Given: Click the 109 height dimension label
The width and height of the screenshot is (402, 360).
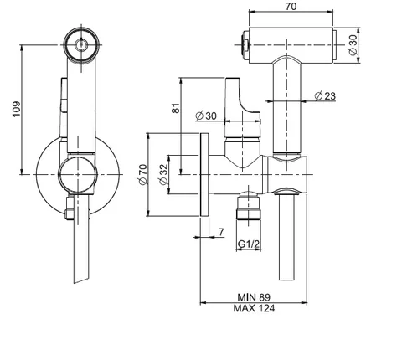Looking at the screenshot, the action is pyautogui.click(x=17, y=109).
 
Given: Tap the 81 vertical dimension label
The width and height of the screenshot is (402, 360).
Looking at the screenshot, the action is pyautogui.click(x=176, y=108).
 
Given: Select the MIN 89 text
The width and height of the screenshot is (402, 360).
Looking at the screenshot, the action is pyautogui.click(x=254, y=297).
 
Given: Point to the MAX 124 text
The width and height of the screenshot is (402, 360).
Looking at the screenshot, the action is pyautogui.click(x=254, y=308).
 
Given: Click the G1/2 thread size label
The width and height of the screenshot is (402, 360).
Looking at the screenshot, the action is pyautogui.click(x=249, y=244).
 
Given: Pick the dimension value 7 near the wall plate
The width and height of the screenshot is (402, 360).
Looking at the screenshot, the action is pyautogui.click(x=221, y=232).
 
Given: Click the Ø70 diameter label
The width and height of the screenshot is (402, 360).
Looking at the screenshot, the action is pyautogui.click(x=142, y=174).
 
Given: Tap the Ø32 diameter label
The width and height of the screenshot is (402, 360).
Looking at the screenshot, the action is pyautogui.click(x=163, y=174).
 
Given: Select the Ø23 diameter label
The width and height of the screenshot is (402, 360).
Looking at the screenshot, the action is pyautogui.click(x=325, y=96).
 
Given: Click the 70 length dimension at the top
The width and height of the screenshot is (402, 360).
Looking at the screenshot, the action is pyautogui.click(x=291, y=6).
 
